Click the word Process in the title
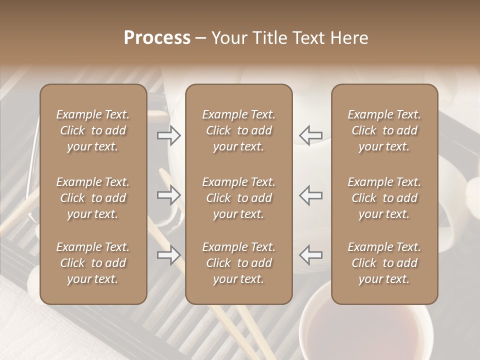pos(157,38)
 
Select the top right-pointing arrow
pos(169,135)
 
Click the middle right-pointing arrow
pos(169,195)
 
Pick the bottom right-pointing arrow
pos(169,255)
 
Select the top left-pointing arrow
pos(310,135)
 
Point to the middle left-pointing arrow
pos(310,195)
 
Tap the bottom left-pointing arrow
pos(310,255)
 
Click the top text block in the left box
pos(93,130)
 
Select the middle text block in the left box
pos(93,198)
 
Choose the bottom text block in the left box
pos(93,263)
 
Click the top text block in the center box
pos(238,130)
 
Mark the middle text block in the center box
pos(238,198)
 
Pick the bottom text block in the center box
pos(238,263)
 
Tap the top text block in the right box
pos(384,130)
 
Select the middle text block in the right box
pos(384,198)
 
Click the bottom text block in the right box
pos(384,263)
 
